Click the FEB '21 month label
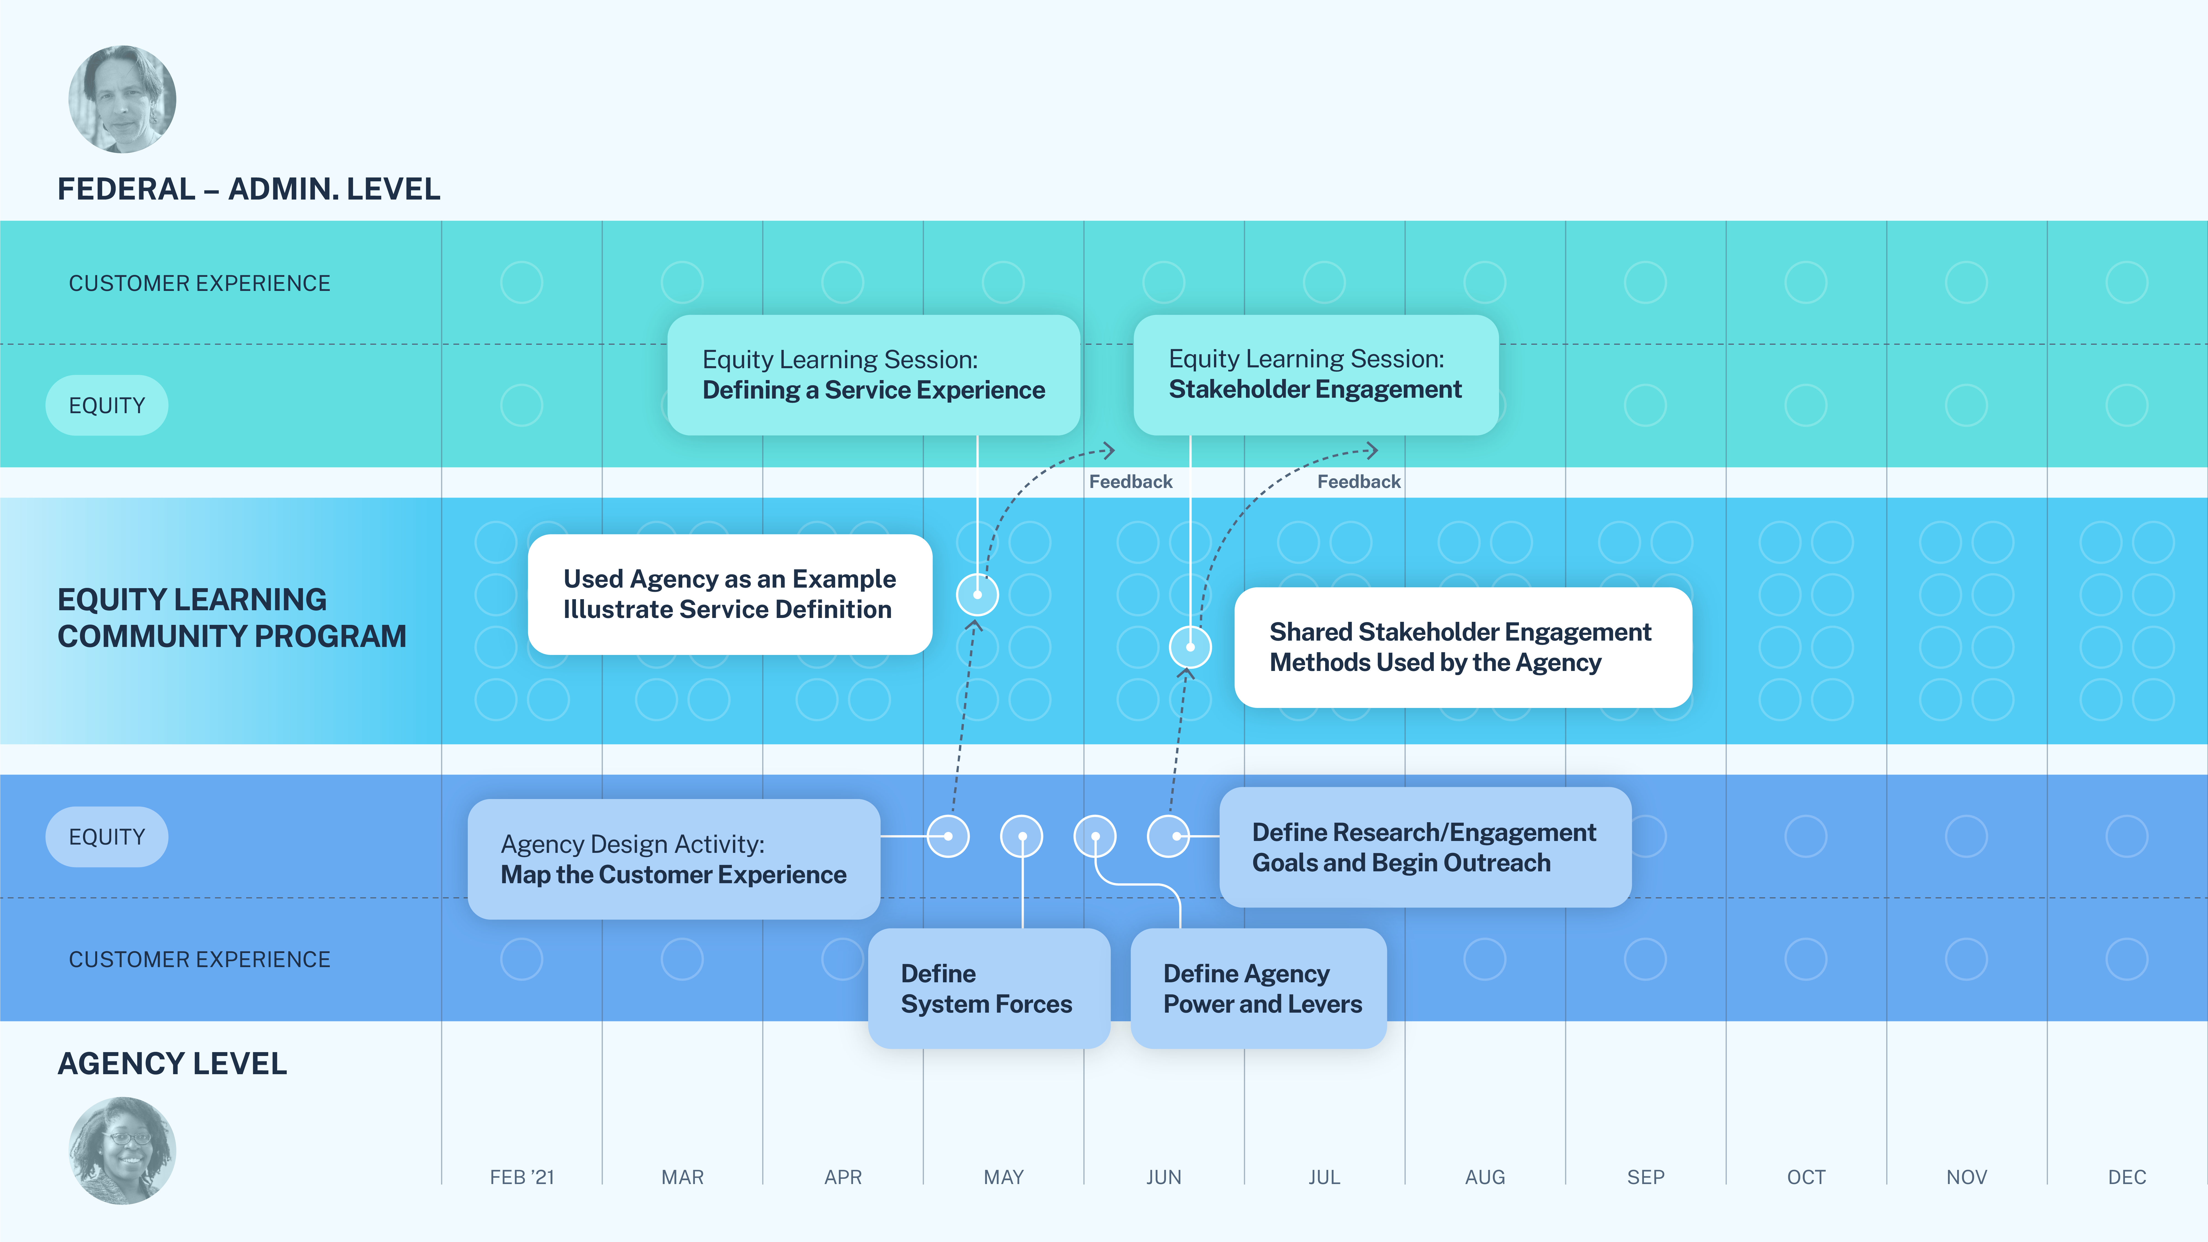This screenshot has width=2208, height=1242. coord(522,1177)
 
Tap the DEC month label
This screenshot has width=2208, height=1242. coord(2127,1177)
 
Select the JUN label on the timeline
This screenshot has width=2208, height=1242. coord(1163,1177)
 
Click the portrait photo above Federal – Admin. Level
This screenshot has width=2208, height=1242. coord(123,99)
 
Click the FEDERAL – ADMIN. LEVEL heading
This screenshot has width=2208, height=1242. coord(249,189)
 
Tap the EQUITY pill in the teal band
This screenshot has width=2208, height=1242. coord(107,405)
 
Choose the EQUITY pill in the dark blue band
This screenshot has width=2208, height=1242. coord(107,837)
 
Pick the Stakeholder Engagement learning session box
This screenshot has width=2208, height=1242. coord(1316,375)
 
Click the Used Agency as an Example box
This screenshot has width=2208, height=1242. coord(729,594)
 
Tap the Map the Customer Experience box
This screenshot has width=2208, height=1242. coord(674,859)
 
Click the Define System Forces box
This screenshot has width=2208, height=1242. coord(988,988)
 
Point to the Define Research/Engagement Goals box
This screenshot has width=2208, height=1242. coord(1425,847)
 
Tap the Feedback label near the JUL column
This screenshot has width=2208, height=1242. coord(1359,482)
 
